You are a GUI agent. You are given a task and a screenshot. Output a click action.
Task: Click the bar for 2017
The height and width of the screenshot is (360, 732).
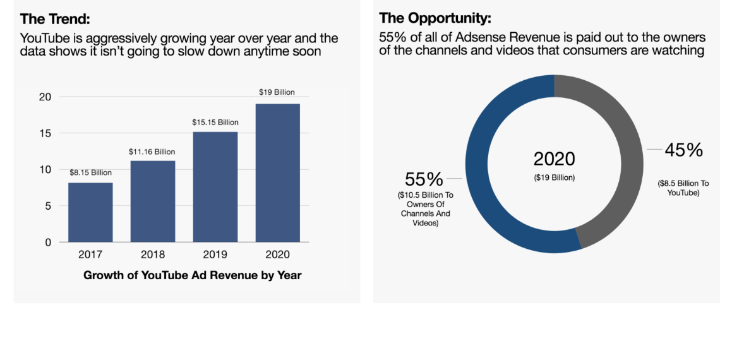click(x=90, y=212)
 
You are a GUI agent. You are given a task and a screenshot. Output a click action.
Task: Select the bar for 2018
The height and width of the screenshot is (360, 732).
click(x=152, y=201)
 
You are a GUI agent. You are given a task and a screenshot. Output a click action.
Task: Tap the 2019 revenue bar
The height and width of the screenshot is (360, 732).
click(x=215, y=187)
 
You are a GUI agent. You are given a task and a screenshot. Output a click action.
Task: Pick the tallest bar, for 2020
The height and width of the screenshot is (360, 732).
click(x=277, y=173)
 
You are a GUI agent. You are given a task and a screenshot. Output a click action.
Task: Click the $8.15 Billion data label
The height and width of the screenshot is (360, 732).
click(x=90, y=172)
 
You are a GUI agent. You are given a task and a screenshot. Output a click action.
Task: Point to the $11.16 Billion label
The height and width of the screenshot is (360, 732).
click(x=152, y=152)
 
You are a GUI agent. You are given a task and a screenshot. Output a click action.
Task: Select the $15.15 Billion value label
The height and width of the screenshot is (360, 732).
click(x=215, y=122)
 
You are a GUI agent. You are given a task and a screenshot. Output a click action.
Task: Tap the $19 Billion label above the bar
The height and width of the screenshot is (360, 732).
click(x=277, y=92)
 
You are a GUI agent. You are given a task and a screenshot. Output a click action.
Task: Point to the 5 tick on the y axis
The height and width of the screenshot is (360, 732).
click(x=47, y=206)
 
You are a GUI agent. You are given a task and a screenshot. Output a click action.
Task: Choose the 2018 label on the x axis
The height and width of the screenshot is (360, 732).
click(x=153, y=255)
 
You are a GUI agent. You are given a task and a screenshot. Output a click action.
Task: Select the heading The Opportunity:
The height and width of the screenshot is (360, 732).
click(x=436, y=18)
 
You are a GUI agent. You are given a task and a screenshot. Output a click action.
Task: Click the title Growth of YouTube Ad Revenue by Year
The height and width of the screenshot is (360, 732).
click(x=193, y=275)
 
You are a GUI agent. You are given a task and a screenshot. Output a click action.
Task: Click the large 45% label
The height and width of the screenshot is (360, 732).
click(x=683, y=150)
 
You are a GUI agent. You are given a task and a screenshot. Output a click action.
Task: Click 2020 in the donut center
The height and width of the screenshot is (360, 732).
click(x=555, y=158)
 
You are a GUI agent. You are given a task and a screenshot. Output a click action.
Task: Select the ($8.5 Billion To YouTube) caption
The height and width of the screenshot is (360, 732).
click(x=683, y=188)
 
